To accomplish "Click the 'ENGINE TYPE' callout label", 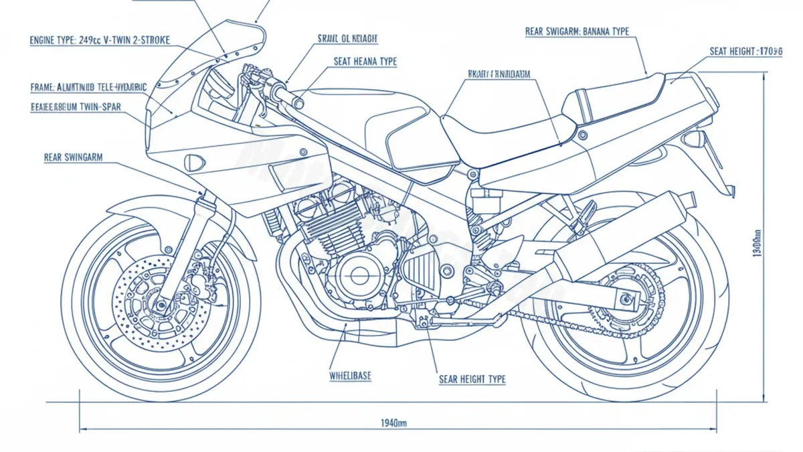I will [x=100, y=40].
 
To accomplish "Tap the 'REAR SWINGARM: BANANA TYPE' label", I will [x=577, y=31].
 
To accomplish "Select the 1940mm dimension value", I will [x=393, y=423].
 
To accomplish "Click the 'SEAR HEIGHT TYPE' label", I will [x=472, y=380].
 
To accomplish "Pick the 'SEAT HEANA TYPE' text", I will [x=365, y=62].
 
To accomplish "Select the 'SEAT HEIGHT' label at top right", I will [x=745, y=51].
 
